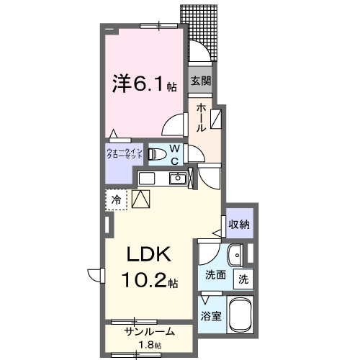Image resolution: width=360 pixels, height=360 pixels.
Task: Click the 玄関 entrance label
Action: (x=199, y=81)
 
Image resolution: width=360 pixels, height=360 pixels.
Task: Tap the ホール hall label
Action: (x=201, y=116)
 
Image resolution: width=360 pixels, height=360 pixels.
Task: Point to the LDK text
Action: (x=149, y=256)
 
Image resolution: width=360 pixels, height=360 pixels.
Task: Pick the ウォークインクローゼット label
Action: (x=125, y=153)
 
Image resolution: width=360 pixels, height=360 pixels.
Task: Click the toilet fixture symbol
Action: (x=155, y=153)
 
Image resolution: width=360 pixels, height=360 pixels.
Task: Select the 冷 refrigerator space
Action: (x=115, y=199)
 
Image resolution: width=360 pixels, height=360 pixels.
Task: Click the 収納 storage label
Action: (x=239, y=225)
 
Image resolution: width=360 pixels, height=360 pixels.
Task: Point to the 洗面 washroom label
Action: (x=215, y=275)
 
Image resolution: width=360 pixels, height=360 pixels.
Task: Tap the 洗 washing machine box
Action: (x=243, y=278)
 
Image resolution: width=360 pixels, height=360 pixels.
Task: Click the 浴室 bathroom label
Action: (x=210, y=315)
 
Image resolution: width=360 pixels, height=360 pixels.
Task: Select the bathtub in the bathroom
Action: (x=240, y=314)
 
